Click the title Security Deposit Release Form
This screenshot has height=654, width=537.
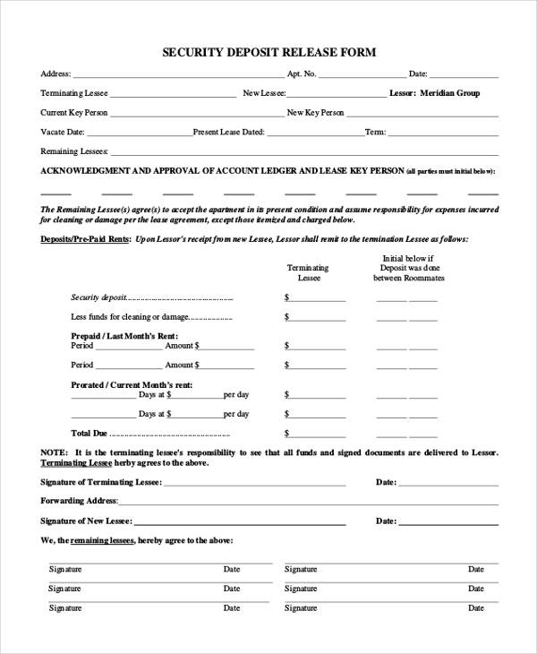[x=268, y=53]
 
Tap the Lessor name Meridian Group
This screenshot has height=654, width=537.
[x=448, y=93]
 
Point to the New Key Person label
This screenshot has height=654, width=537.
[x=315, y=113]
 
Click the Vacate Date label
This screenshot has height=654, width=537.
[x=56, y=132]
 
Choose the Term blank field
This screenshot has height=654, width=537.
[x=443, y=133]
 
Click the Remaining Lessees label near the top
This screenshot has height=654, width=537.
[x=74, y=151]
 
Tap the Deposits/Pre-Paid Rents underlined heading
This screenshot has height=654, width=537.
[x=86, y=239]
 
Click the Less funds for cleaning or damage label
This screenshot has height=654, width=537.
[x=129, y=317]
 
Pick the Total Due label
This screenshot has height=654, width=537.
[x=89, y=433]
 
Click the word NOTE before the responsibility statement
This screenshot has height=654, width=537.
[x=54, y=453]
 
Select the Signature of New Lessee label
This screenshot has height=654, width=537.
[x=86, y=521]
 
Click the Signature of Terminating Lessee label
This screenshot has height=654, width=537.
[x=101, y=482]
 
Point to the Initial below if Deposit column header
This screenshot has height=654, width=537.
[x=408, y=268]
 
